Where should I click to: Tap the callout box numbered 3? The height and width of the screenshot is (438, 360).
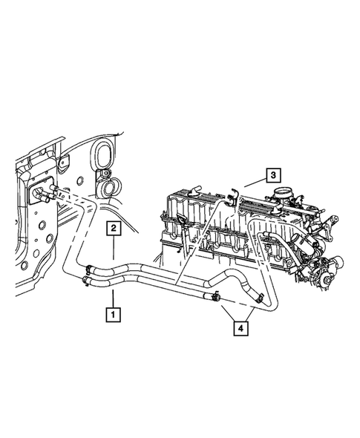click(x=274, y=175)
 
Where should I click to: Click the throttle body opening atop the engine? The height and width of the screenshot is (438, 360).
click(x=284, y=195)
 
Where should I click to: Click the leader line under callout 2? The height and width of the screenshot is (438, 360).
click(x=114, y=249)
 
